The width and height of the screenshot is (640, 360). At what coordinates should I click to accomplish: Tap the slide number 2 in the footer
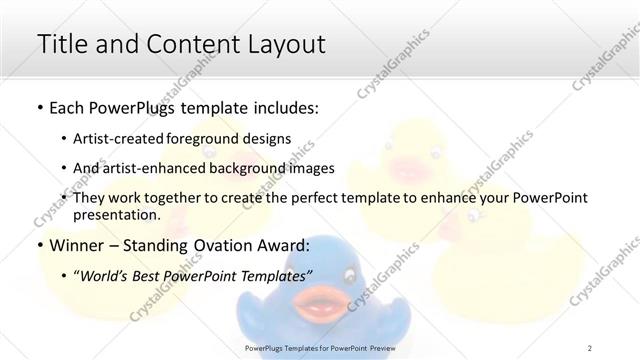click(590, 347)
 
